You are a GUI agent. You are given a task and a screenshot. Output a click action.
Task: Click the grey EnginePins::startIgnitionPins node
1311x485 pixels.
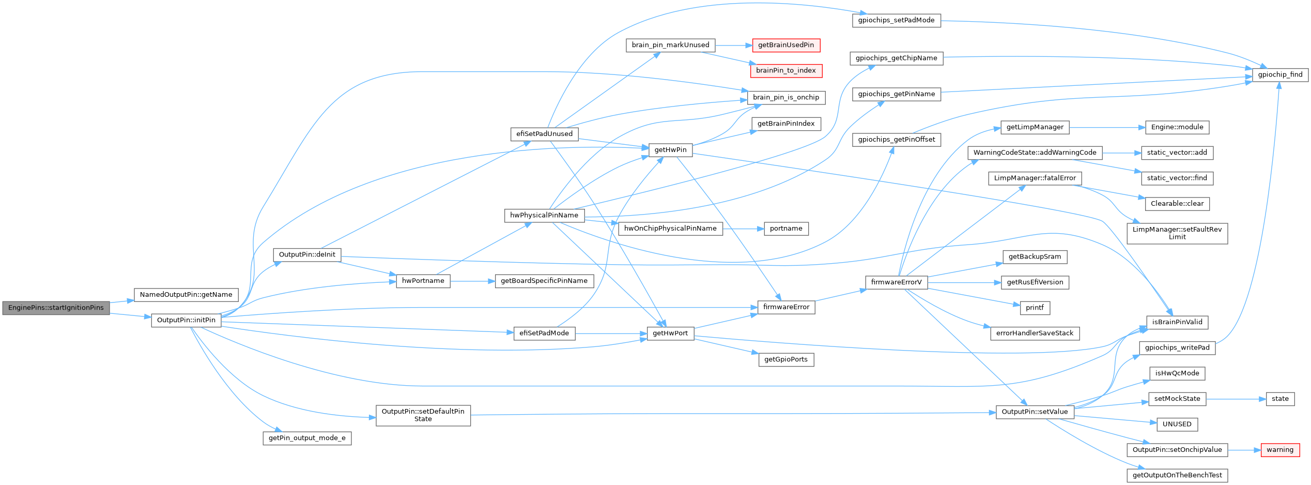pyautogui.click(x=56, y=308)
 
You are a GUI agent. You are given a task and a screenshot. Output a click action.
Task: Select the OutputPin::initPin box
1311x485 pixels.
pyautogui.click(x=186, y=320)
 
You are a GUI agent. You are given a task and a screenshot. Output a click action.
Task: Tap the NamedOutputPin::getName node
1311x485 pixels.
pyautogui.click(x=186, y=295)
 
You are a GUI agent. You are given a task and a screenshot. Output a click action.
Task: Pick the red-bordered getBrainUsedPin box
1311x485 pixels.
pyautogui.click(x=785, y=45)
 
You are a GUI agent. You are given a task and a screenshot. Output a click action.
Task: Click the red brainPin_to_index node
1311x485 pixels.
pyautogui.click(x=785, y=70)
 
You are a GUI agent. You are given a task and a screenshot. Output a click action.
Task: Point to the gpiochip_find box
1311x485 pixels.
pyautogui.click(x=1280, y=74)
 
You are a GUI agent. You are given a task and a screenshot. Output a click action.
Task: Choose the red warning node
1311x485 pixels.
pyautogui.click(x=1279, y=450)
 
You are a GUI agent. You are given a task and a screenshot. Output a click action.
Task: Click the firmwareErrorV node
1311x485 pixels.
pyautogui.click(x=896, y=282)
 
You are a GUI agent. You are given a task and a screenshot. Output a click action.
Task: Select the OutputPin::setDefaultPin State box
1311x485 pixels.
pyautogui.click(x=423, y=415)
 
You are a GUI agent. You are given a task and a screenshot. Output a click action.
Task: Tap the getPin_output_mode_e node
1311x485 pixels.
pyautogui.click(x=307, y=438)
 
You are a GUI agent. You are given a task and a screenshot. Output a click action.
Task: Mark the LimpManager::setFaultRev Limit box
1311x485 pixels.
pyautogui.click(x=1177, y=233)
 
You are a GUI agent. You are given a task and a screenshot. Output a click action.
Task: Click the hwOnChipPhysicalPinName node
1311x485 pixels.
pyautogui.click(x=670, y=229)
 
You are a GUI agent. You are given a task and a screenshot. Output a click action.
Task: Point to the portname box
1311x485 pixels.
pyautogui.click(x=786, y=229)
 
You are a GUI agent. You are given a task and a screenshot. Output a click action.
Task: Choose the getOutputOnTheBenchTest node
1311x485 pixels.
pyautogui.click(x=1177, y=475)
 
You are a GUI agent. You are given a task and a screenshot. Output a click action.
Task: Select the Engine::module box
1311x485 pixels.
pyautogui.click(x=1177, y=127)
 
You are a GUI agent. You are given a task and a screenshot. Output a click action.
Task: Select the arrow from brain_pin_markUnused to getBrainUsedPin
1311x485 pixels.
pyautogui.click(x=734, y=46)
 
